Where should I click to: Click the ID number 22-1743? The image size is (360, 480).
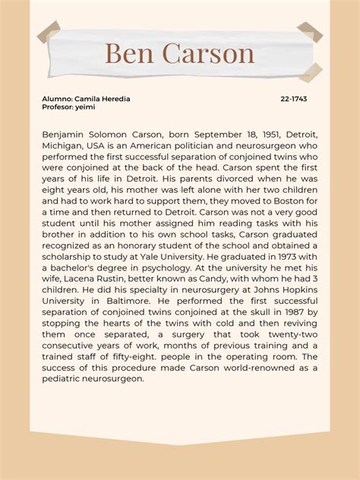[x=293, y=99]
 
